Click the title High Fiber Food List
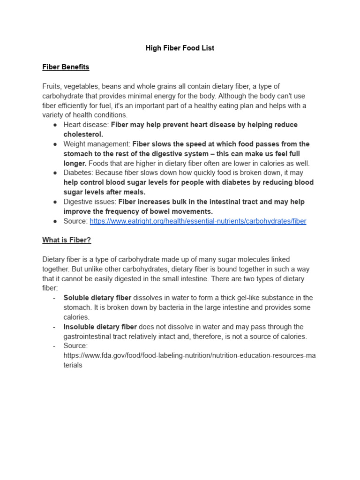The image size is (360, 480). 180,48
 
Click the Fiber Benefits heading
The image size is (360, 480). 66,67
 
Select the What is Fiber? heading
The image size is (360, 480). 67,240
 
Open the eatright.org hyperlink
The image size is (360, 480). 198,221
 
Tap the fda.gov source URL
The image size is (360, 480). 189,355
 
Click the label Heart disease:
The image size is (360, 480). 86,125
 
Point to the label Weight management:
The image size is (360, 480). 97,144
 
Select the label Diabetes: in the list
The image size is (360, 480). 78,173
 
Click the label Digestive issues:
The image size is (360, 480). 90,202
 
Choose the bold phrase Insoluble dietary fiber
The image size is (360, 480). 100,327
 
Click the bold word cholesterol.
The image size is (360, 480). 83,135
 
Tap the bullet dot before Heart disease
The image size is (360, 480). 55,125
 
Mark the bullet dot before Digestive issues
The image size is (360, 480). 55,202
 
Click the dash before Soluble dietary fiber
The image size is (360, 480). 54,298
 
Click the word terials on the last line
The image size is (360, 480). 73,365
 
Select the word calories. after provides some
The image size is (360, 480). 76,317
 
